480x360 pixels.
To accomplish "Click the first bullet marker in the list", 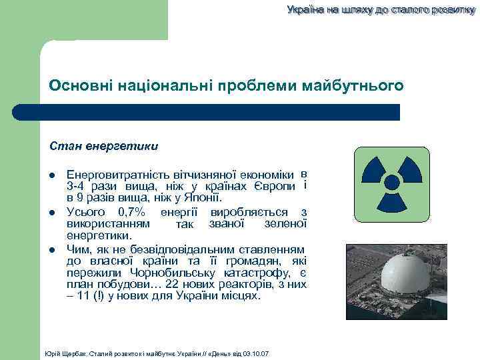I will [53, 175].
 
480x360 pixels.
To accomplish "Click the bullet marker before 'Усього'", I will [53, 213].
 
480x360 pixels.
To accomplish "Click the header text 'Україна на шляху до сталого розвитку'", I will [377, 10].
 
